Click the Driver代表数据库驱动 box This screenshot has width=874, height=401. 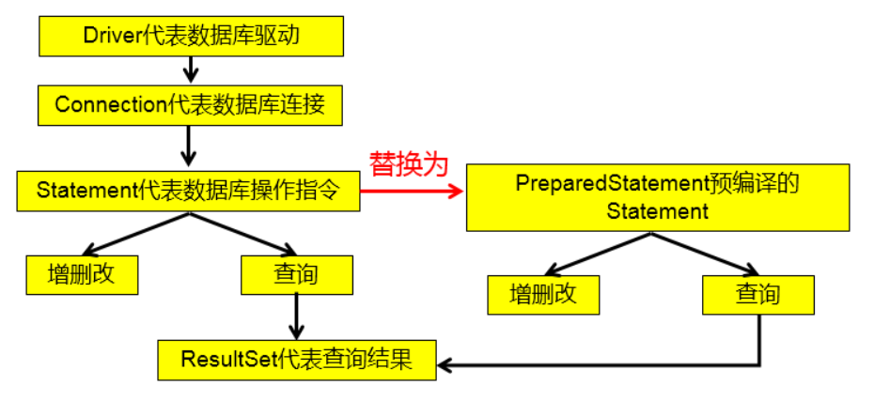(x=191, y=37)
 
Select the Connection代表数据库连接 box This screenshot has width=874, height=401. (x=190, y=105)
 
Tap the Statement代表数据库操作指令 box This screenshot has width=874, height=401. (x=188, y=191)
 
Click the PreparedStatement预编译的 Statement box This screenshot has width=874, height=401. (x=658, y=197)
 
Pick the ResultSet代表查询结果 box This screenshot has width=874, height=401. (x=297, y=361)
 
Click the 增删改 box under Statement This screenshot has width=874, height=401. (x=82, y=274)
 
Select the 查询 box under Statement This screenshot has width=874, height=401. (x=297, y=274)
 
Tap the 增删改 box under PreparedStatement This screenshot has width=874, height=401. (x=543, y=295)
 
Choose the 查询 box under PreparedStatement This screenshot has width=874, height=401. (x=758, y=295)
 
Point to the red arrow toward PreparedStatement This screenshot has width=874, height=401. (x=412, y=192)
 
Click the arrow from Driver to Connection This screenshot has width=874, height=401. (x=191, y=70)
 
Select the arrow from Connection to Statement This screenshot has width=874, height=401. (x=189, y=146)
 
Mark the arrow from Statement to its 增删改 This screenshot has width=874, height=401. (x=136, y=234)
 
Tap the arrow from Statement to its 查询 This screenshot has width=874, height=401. (x=243, y=234)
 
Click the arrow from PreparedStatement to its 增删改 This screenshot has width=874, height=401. (x=598, y=254)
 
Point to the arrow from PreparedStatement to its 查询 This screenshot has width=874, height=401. (x=705, y=254)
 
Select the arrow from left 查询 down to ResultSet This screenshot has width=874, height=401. (x=296, y=317)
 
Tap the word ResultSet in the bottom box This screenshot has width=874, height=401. (x=229, y=361)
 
